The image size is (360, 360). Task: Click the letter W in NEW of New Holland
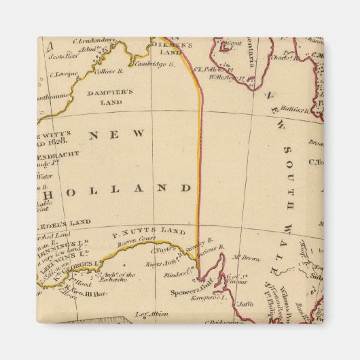pos(139,134)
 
